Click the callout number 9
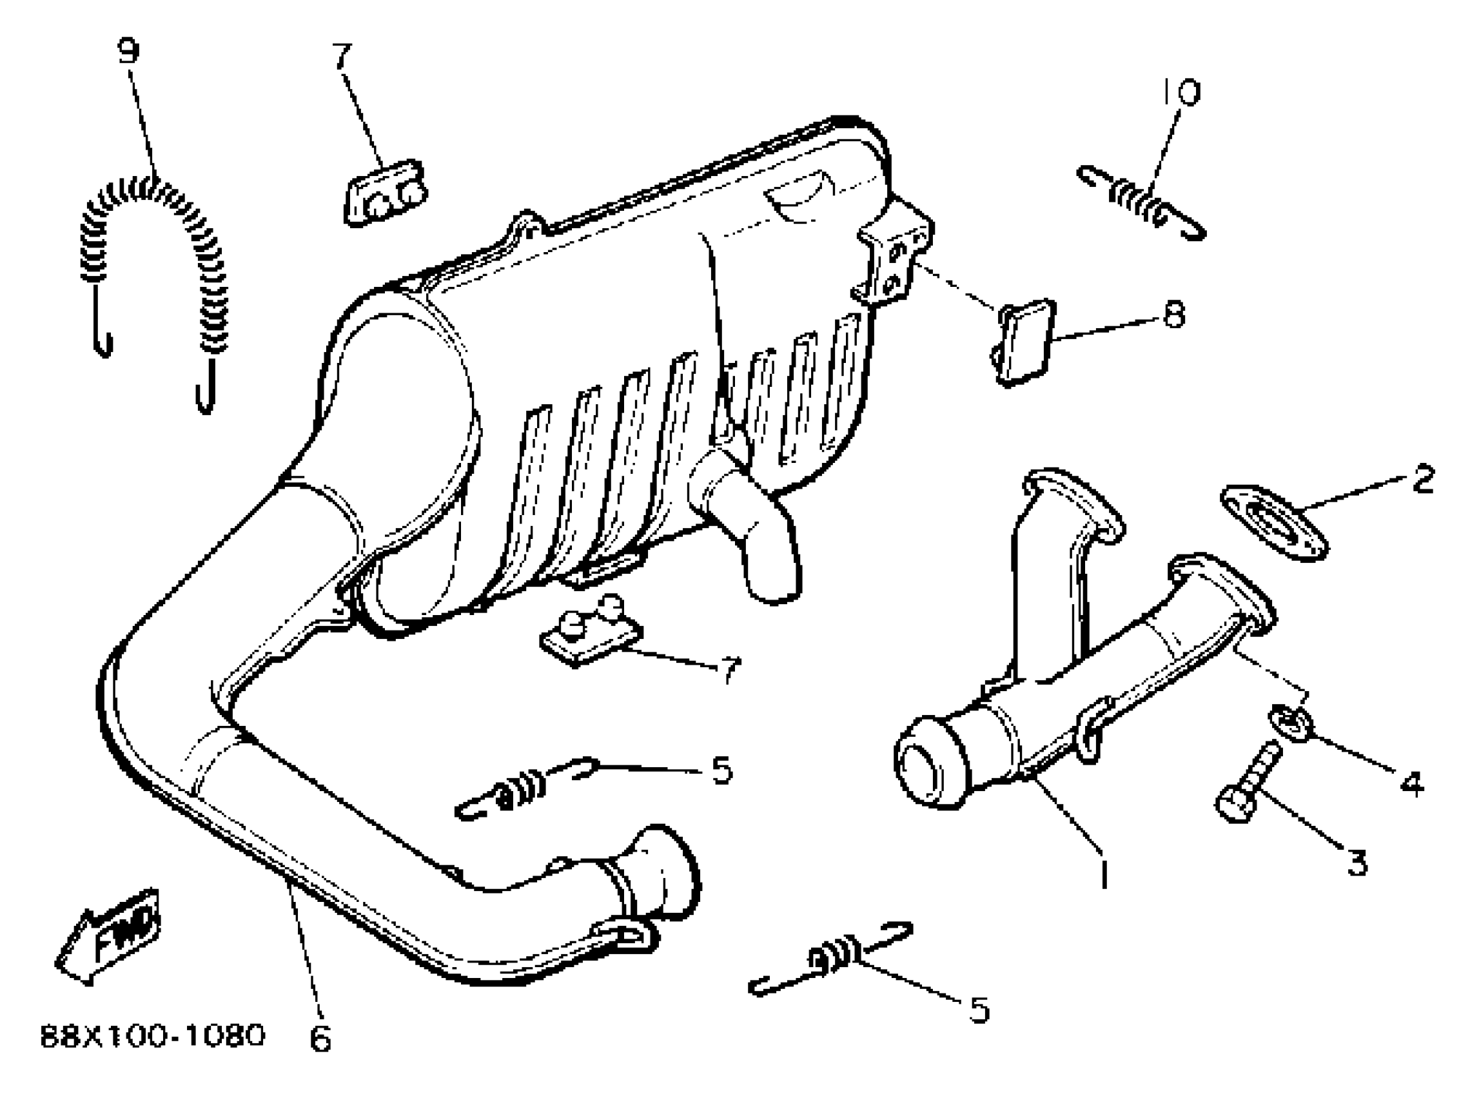(129, 51)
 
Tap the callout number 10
(1181, 92)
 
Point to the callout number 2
(1423, 478)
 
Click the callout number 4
(1411, 783)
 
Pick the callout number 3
(1357, 863)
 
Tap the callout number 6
(320, 1038)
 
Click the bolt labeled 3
(1246, 783)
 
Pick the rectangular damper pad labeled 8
(1025, 342)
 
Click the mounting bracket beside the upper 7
(385, 193)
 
